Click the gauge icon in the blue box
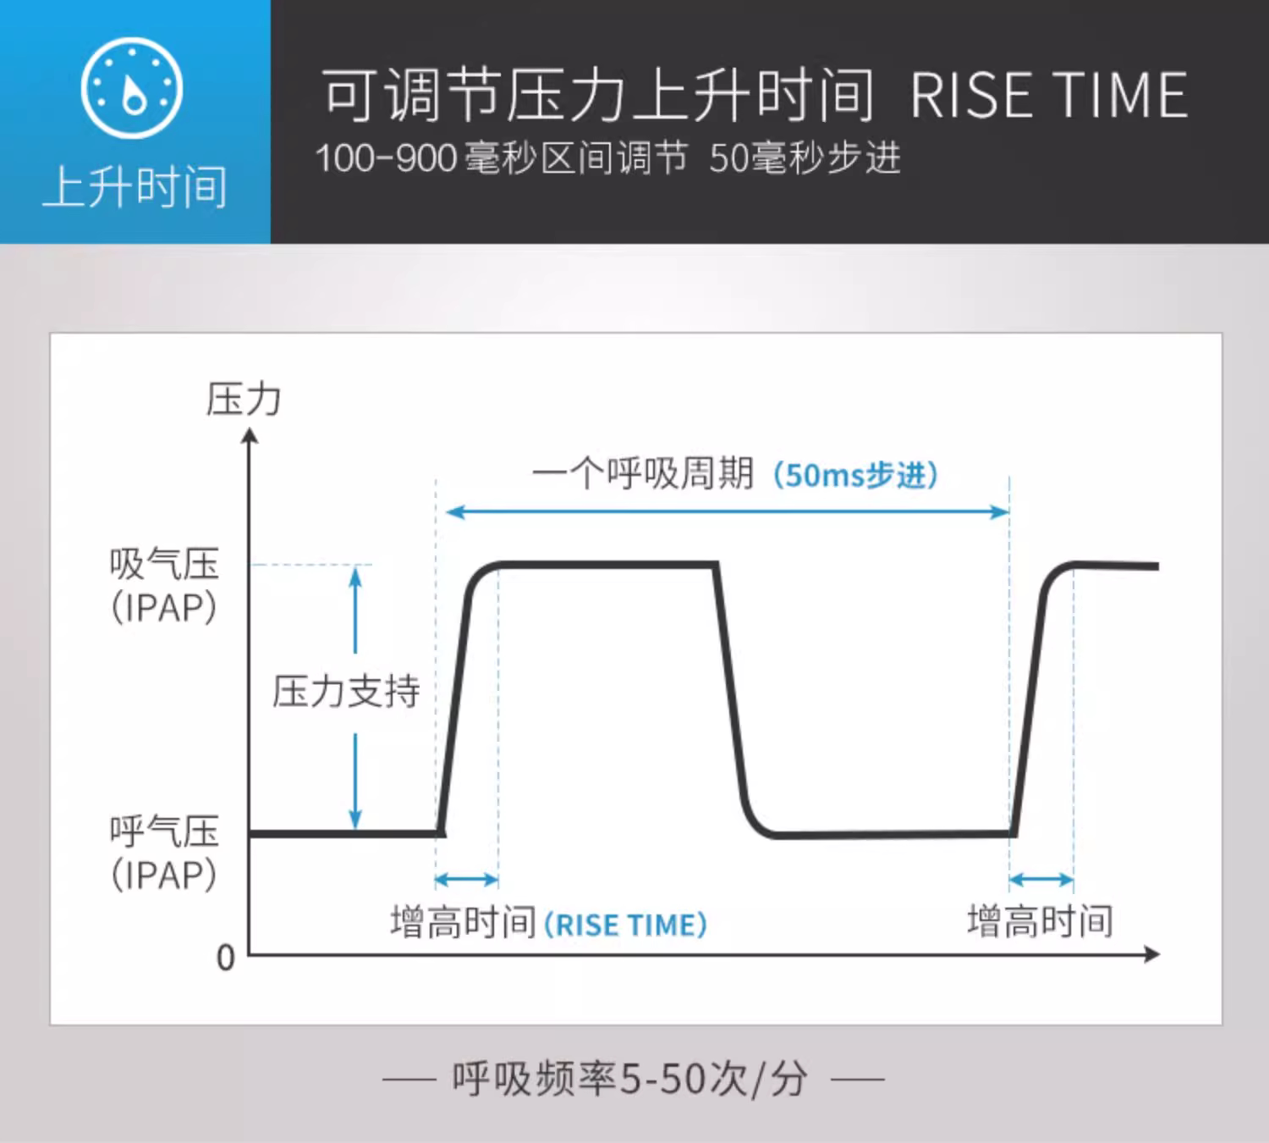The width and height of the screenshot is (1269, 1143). (132, 88)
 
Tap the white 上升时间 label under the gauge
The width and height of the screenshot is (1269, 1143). (135, 187)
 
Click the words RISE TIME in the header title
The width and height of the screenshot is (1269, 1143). (1049, 95)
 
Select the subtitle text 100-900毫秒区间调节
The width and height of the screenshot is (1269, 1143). (502, 157)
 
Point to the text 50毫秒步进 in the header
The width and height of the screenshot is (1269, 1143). (805, 157)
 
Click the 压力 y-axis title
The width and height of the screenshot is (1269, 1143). (244, 400)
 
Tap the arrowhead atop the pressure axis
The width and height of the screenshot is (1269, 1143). (250, 436)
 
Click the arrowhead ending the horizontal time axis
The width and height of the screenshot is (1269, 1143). (1152, 954)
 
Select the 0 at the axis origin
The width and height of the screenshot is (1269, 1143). (226, 958)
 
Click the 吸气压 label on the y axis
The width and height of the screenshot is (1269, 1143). (164, 564)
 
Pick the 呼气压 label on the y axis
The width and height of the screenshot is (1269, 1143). (164, 831)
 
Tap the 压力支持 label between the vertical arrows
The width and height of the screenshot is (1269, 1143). (346, 692)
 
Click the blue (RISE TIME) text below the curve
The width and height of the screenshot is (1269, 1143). (626, 925)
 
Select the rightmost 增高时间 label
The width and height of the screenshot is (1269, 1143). (1040, 921)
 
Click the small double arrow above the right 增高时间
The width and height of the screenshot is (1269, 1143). (1041, 880)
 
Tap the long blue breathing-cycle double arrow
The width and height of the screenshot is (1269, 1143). (728, 511)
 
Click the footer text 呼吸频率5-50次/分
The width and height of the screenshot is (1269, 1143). (629, 1079)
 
